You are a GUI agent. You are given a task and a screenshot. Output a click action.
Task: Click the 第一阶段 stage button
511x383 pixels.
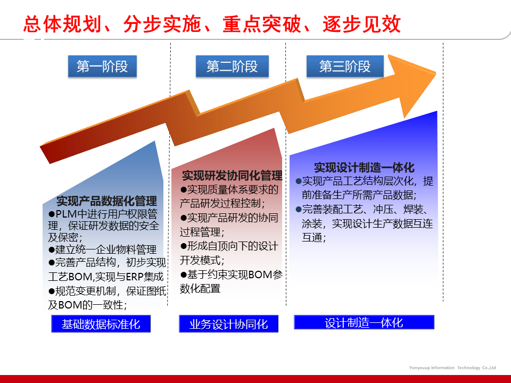(102, 66)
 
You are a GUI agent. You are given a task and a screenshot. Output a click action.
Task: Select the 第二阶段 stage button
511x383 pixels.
(232, 66)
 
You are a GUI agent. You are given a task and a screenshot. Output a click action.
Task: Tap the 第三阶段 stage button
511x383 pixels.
(345, 66)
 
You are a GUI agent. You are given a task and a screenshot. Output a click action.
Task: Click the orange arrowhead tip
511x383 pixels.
(436, 73)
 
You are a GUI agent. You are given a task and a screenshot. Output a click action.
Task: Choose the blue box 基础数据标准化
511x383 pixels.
(101, 324)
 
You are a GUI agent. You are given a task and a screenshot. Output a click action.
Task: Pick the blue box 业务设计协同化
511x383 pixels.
(228, 324)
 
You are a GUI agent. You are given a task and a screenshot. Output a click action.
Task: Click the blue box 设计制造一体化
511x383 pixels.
(364, 322)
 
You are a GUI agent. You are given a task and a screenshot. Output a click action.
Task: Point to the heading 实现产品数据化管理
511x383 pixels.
(106, 201)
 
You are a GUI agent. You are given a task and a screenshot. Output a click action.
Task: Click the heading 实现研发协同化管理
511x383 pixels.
(232, 176)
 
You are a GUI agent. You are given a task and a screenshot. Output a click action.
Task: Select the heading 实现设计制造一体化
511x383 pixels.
(364, 168)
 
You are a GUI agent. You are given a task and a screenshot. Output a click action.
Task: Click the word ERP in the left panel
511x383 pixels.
(135, 277)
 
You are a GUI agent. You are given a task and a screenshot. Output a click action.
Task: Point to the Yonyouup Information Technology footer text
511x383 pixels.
(452, 368)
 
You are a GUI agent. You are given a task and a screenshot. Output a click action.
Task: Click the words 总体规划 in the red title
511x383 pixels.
(62, 24)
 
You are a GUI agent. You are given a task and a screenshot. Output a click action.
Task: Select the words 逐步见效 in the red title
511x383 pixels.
(362, 24)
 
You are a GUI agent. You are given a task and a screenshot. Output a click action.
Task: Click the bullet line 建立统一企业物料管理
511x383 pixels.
(102, 250)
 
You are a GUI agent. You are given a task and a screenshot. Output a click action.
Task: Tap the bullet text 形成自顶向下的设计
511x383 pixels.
(229, 246)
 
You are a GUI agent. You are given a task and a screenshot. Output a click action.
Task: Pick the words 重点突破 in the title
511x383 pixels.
(262, 24)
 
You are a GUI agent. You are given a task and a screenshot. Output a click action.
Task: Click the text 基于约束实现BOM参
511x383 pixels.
(232, 275)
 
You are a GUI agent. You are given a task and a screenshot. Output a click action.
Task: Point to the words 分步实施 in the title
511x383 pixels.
(162, 24)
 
